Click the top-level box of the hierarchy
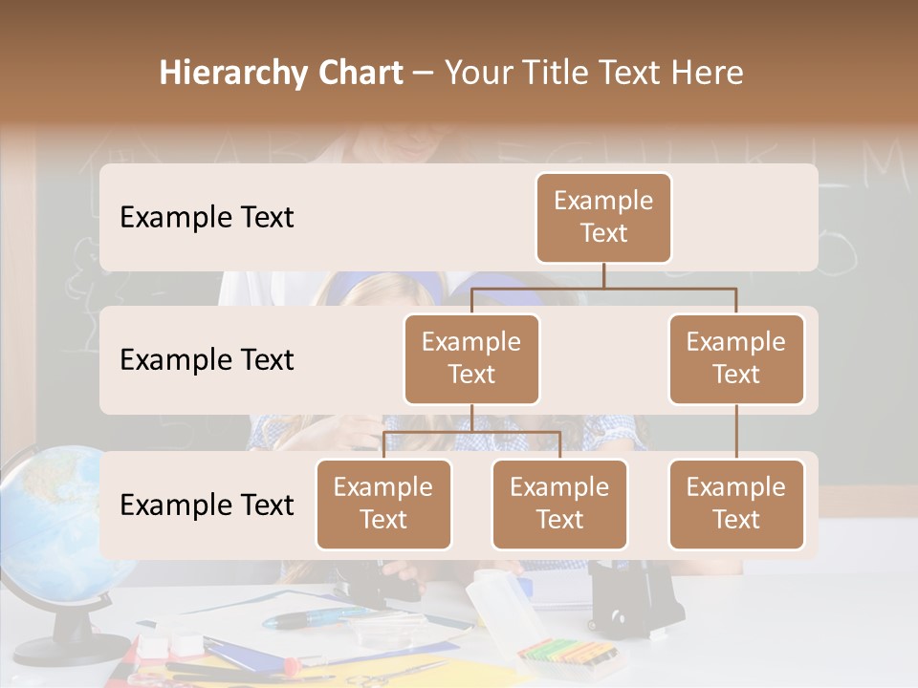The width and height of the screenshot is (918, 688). [603, 217]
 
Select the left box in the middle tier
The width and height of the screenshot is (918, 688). [471, 358]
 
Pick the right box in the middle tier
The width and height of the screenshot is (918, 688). [736, 358]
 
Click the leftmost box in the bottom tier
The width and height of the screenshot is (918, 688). [383, 504]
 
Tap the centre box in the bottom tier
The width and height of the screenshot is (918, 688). [559, 504]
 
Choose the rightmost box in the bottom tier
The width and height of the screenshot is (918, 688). [736, 504]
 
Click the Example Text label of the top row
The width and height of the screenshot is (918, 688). [207, 218]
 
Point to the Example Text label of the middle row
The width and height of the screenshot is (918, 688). [207, 360]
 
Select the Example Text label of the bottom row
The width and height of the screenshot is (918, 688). [207, 505]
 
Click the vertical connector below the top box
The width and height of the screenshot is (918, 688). [603, 275]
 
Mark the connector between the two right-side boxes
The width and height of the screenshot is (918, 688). [736, 431]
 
